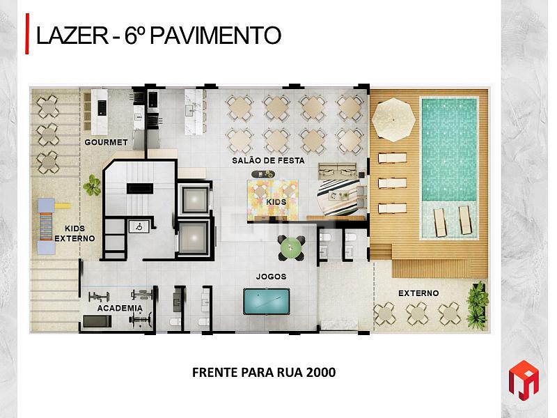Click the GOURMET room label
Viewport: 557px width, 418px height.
tap(106, 142)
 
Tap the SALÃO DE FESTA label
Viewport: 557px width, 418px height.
tap(268, 161)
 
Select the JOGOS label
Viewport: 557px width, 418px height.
tap(271, 276)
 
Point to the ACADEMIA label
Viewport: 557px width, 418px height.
tap(120, 308)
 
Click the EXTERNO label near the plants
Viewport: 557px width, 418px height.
tap(418, 293)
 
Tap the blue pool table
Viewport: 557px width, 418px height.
tap(267, 302)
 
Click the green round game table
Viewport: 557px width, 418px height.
tap(291, 248)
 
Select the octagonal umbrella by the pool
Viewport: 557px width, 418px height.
tap(393, 119)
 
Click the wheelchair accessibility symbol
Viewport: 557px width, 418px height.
tap(139, 226)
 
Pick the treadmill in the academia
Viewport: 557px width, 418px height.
tap(97, 321)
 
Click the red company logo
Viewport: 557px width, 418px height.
tap(524, 380)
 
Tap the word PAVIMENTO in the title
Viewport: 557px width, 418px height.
tap(216, 36)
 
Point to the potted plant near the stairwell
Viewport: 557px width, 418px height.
tap(92, 185)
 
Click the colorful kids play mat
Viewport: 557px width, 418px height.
tap(273, 201)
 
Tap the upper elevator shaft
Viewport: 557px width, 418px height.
tap(194, 199)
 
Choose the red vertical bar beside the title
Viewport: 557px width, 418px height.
tap(27, 33)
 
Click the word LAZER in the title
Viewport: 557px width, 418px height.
tap(72, 36)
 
